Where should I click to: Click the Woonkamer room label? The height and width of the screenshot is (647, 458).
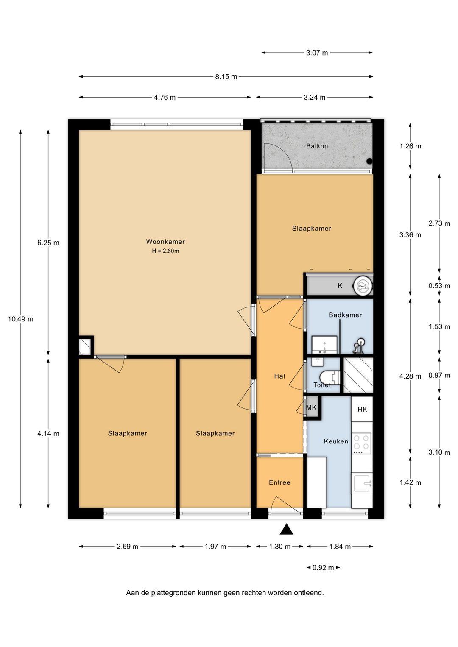coord(165,242)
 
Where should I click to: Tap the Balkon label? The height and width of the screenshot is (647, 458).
coord(317,146)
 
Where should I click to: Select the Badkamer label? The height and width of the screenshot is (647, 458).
coord(345,315)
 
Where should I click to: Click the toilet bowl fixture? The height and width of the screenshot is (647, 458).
coord(330,376)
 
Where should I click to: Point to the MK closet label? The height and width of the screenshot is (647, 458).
coord(311,407)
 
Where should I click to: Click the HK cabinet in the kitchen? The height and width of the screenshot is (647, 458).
coord(362,409)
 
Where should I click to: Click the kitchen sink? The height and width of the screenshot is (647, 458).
coord(362,483)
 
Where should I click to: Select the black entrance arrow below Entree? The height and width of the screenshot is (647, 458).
coord(286,529)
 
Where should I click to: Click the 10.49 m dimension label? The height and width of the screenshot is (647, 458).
coord(20,319)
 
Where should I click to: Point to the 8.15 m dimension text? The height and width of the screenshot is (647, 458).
coord(226,77)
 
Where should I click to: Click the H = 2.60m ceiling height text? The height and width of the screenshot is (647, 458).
coord(165,251)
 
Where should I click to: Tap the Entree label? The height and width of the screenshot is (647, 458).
coord(279,482)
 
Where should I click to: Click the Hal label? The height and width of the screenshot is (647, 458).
coord(279,376)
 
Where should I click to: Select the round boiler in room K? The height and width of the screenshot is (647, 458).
coord(362,286)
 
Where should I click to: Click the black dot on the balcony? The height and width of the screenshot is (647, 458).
coord(369,162)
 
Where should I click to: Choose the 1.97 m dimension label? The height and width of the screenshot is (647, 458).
coord(215,546)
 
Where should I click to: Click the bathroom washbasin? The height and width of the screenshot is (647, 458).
coord(324,345)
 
